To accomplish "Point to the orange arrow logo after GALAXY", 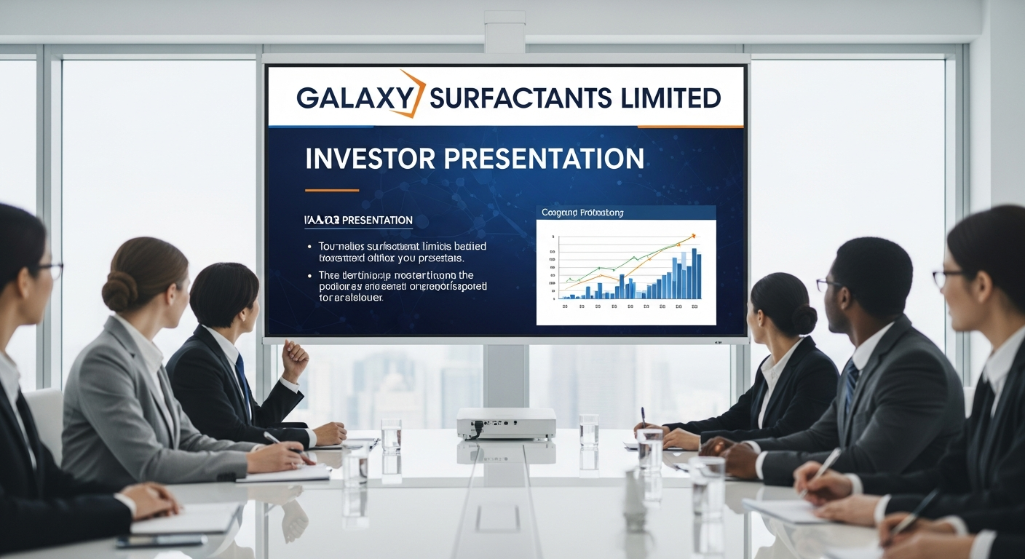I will [x=411, y=95].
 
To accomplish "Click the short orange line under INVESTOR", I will [x=331, y=190].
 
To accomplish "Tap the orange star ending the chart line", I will [x=693, y=236].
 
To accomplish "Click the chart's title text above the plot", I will [x=582, y=213].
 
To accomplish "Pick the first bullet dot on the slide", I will [x=311, y=247].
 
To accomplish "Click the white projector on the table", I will [x=506, y=423].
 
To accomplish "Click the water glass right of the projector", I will [x=589, y=429].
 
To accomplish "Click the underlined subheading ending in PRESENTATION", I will [x=357, y=221].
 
